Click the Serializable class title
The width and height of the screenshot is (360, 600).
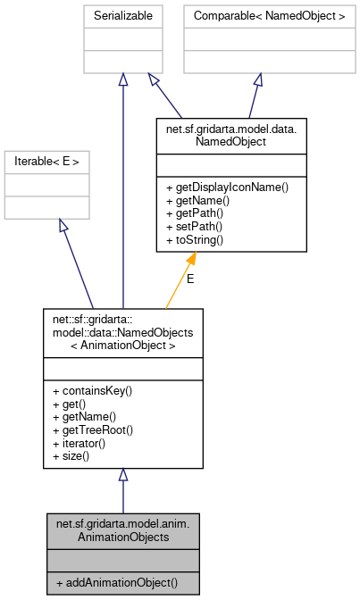tap(123, 16)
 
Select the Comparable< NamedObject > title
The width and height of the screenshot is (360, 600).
tap(257, 16)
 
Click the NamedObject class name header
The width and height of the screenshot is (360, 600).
tap(231, 134)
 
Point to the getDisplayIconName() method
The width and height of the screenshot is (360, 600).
tap(227, 187)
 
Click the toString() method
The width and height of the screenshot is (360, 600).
tap(194, 240)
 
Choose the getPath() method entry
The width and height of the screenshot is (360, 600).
tap(194, 214)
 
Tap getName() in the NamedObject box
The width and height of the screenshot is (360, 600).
tap(197, 201)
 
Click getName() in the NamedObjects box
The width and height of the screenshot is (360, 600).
tap(84, 417)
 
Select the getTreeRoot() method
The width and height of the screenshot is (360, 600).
tap(92, 430)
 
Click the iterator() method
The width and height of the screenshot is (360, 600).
tap(83, 443)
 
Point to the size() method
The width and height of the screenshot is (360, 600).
tap(75, 456)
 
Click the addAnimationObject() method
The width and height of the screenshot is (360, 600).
tap(116, 583)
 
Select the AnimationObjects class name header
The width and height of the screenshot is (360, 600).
tap(122, 529)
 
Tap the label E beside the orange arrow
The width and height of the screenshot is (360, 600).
tap(189, 279)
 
